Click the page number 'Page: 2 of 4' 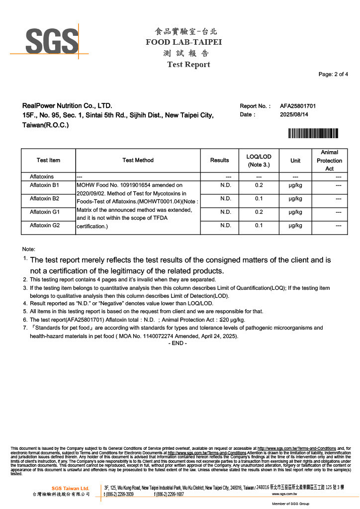coord(333,75)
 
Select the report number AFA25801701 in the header coord(298,106)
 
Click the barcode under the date coord(313,133)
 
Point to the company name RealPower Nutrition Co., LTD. coord(67,106)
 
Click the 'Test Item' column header coord(48,160)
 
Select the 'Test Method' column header coord(138,160)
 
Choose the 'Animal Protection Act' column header coord(329,161)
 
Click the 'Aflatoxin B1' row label coord(45,185)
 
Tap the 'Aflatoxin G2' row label coord(45,226)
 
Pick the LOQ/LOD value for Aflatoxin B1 coord(259,185)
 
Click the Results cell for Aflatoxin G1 coord(226,212)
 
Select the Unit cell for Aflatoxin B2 coord(295,199)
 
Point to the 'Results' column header coord(219,160)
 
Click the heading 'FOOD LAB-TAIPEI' coord(183,42)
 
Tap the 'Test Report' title coord(188,65)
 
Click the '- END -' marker coord(178,343)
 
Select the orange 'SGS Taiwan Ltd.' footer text coord(71,488)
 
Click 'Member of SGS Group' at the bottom coord(290,504)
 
